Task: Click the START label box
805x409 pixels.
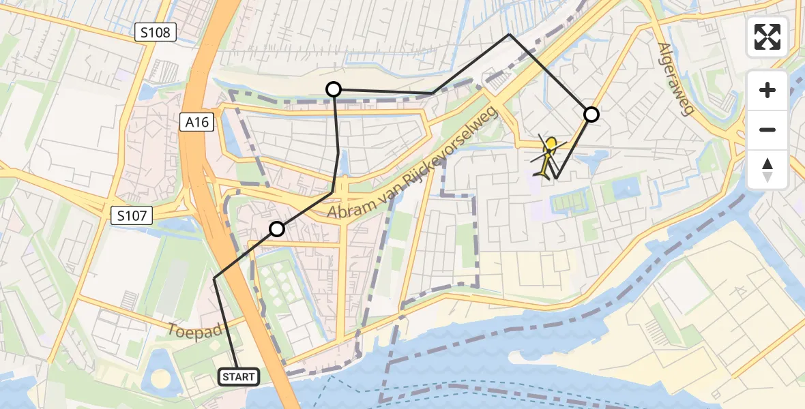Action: (239, 376)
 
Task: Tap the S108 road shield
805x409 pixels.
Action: (156, 32)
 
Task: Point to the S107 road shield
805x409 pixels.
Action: (131, 216)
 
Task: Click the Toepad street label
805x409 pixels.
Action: (194, 331)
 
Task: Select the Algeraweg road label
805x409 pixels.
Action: (676, 78)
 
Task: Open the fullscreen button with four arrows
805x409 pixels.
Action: (767, 37)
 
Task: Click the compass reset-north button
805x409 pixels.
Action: (767, 169)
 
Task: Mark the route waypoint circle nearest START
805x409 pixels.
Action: (276, 229)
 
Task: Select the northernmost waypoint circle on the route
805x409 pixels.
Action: (334, 89)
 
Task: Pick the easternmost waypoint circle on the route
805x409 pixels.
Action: (591, 115)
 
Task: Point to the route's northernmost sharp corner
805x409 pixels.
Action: (509, 34)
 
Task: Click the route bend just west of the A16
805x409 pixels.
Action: (214, 278)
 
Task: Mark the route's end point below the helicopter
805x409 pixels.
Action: (556, 178)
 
